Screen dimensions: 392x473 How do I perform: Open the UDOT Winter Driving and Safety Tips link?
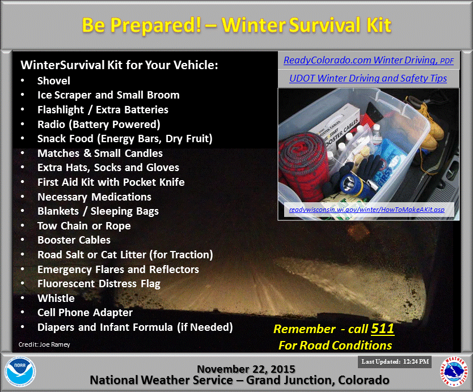point(368,79)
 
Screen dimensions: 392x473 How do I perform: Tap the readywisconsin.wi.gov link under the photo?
point(366,210)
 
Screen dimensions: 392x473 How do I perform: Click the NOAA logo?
point(20,372)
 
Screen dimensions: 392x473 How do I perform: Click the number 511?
point(382,329)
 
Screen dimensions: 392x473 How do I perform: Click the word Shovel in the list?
point(54,81)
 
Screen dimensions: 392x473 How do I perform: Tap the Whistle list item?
point(56,298)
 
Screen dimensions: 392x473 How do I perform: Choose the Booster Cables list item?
point(74,240)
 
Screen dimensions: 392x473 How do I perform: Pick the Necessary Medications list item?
point(94,197)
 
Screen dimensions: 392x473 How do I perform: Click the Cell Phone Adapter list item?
point(85,313)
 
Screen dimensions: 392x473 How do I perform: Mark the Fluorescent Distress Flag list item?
point(99,284)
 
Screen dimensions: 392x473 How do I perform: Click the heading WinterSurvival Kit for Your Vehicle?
point(119,65)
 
